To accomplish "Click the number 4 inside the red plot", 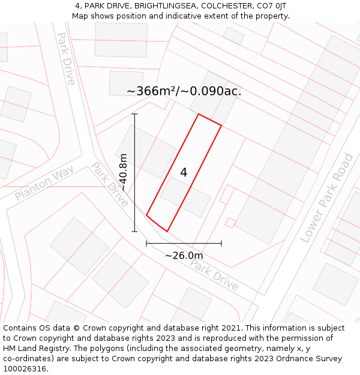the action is point(184,173).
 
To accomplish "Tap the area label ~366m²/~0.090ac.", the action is point(184,91).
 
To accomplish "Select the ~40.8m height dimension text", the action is point(123,172).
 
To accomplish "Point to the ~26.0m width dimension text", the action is point(184,256).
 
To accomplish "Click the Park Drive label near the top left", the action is point(66,58).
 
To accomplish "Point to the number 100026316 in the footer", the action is point(26,369).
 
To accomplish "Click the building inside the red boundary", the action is point(185,196).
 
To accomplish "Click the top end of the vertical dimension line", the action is point(135,114).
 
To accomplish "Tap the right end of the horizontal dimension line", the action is point(221,244).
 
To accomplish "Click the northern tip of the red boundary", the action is point(199,114).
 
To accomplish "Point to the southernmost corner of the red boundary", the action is point(167,231).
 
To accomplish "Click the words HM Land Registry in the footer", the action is point(32,349).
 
